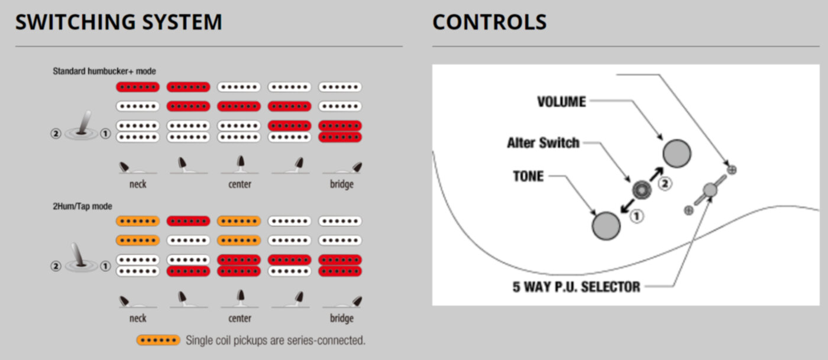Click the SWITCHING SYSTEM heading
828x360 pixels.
(x=119, y=22)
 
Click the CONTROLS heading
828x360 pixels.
(x=489, y=22)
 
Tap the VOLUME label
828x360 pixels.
(x=561, y=102)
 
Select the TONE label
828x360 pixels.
(x=528, y=176)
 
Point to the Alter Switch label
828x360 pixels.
(x=543, y=143)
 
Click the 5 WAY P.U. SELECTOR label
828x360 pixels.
(x=577, y=287)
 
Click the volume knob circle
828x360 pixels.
(x=677, y=153)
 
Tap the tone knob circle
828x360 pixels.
(x=606, y=226)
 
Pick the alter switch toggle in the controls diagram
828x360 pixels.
(x=641, y=189)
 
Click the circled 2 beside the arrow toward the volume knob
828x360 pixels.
(x=665, y=183)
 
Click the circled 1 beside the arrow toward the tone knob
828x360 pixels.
(x=636, y=216)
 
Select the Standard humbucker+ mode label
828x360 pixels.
(x=104, y=71)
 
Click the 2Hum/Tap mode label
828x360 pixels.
(x=83, y=206)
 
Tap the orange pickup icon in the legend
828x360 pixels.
(x=158, y=340)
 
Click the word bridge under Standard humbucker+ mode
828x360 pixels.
(x=341, y=184)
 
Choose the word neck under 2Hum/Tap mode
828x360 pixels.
(x=138, y=319)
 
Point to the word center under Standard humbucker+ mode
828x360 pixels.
(x=240, y=184)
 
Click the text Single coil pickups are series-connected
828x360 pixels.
(x=276, y=340)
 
